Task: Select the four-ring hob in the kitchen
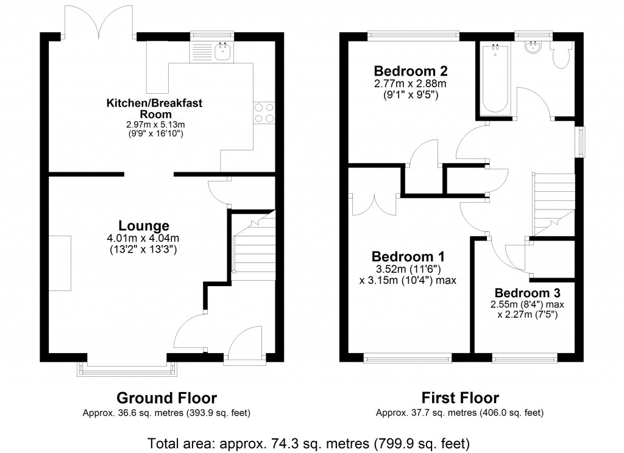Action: click(x=263, y=113)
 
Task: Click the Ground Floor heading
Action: click(x=166, y=398)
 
